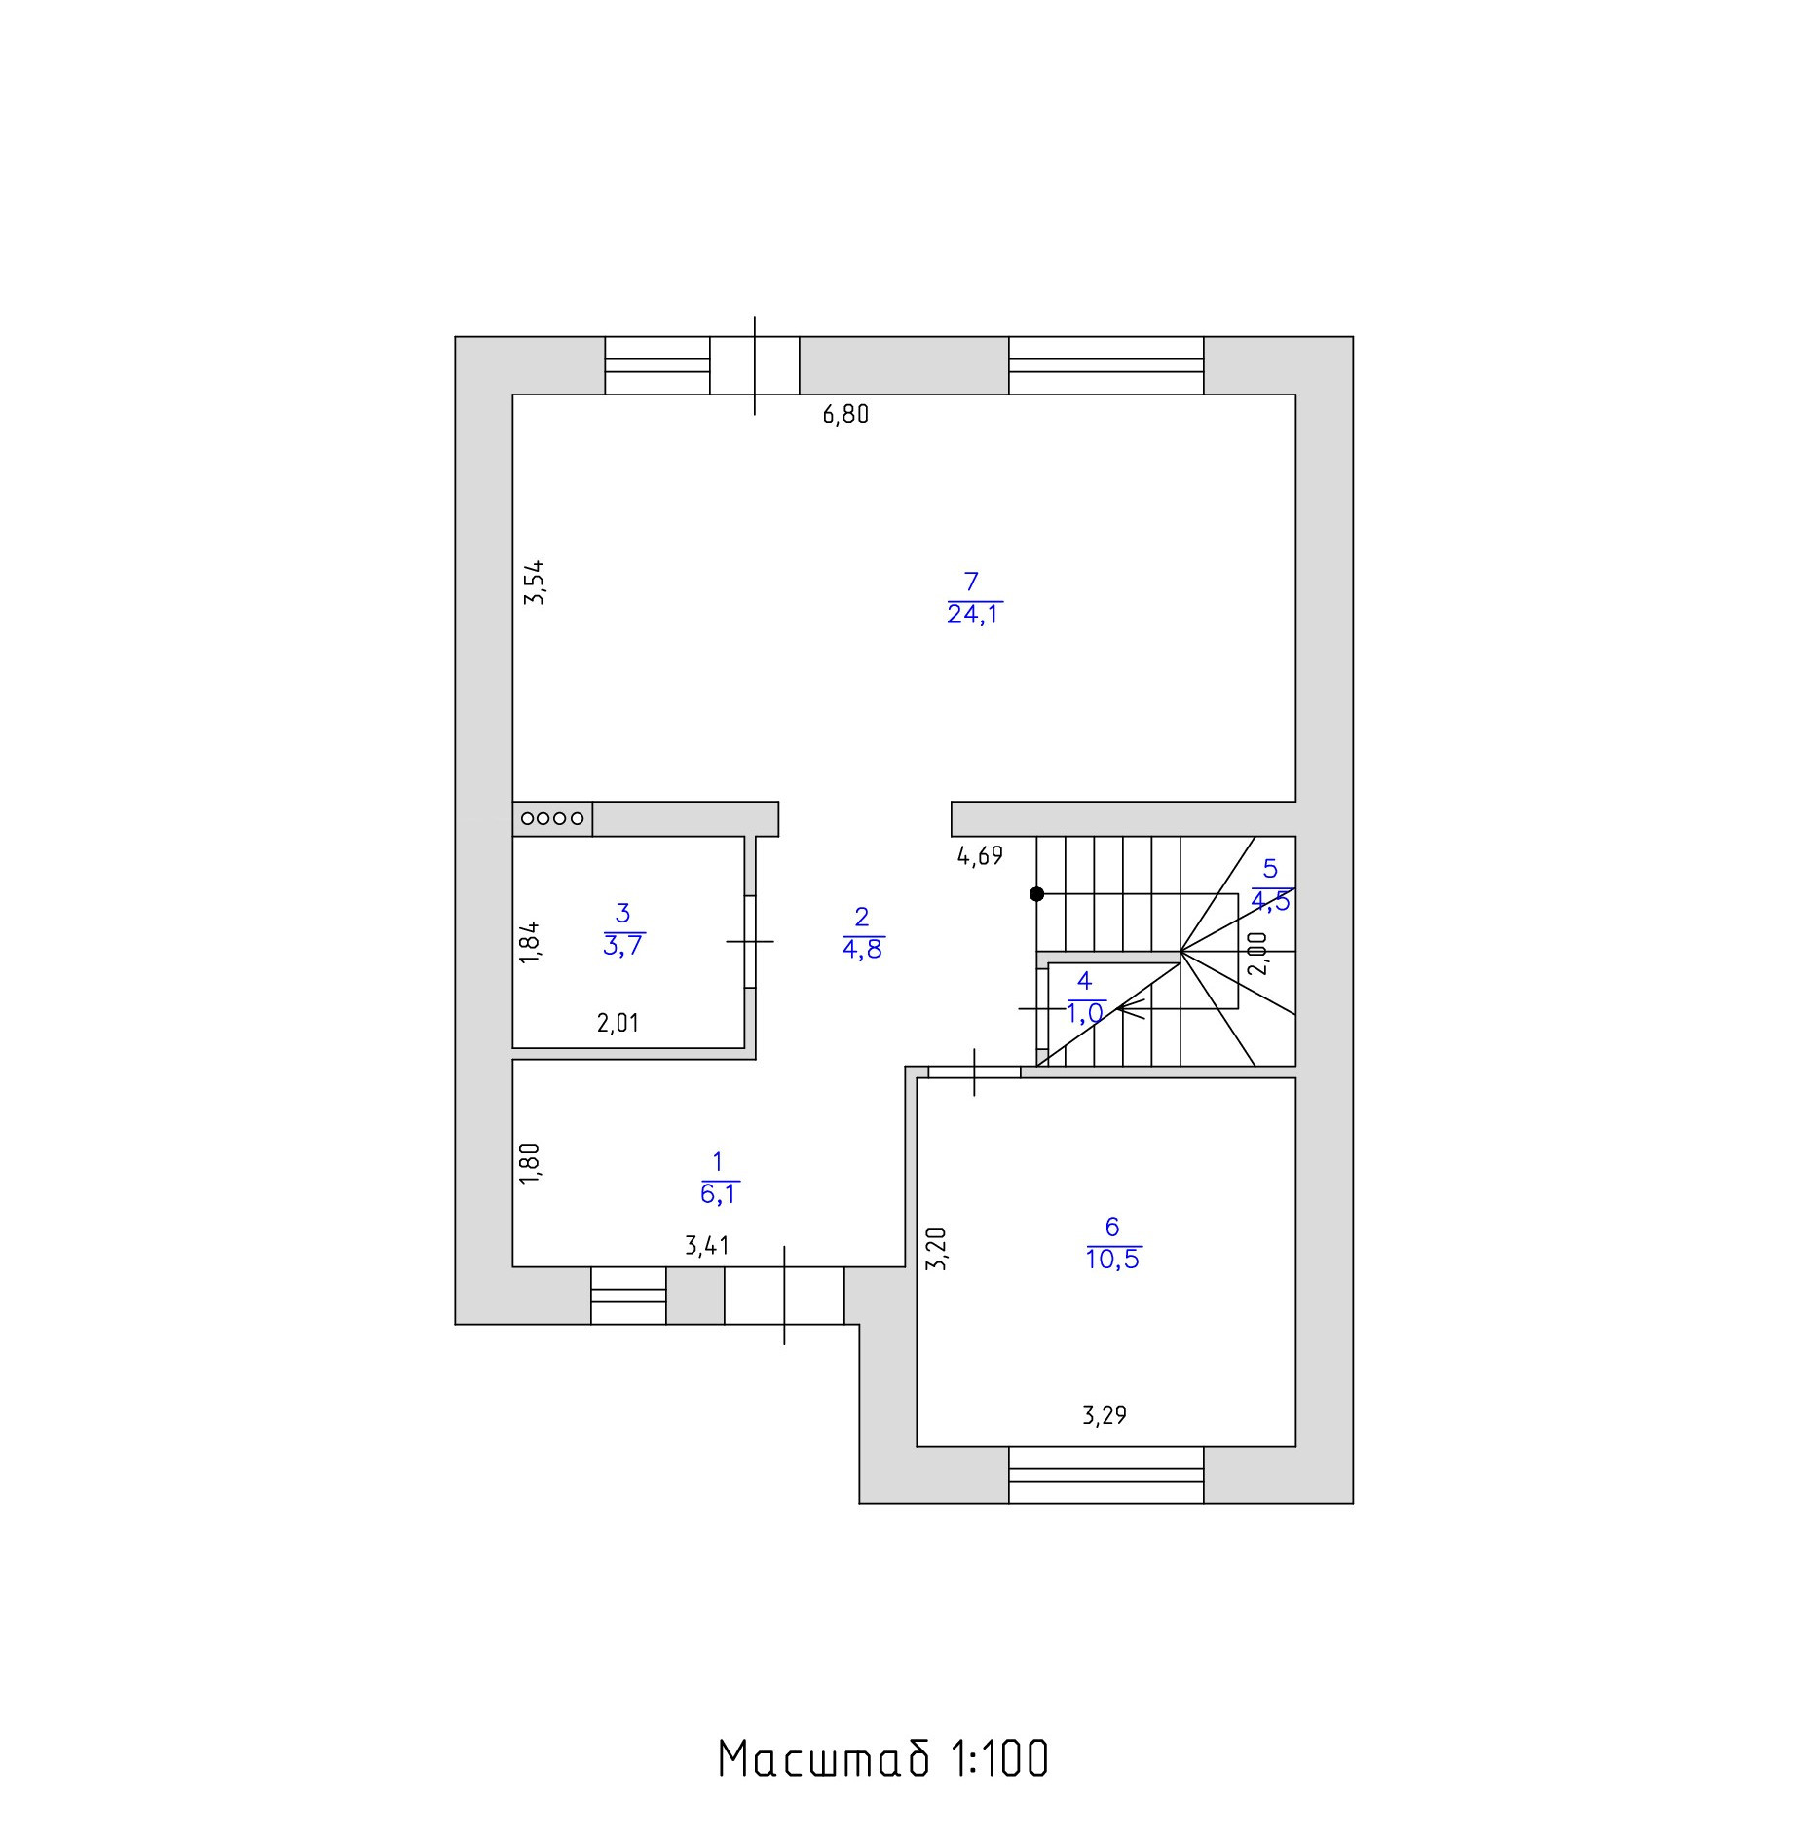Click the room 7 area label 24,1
pyautogui.click(x=974, y=615)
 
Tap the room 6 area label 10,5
pyautogui.click(x=1112, y=1260)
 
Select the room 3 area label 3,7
pyautogui.click(x=623, y=945)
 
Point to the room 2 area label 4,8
pyautogui.click(x=862, y=949)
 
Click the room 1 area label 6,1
pyautogui.click(x=719, y=1194)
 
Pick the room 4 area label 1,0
pyautogui.click(x=1085, y=1013)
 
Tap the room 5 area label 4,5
pyautogui.click(x=1270, y=901)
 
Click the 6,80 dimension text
pyautogui.click(x=845, y=415)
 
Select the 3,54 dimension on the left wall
pyautogui.click(x=534, y=583)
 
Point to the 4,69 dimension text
pyautogui.click(x=980, y=857)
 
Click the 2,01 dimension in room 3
pyautogui.click(x=618, y=1023)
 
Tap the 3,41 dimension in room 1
pyautogui.click(x=707, y=1246)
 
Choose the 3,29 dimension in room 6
pyautogui.click(x=1105, y=1415)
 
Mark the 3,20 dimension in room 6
pyautogui.click(x=937, y=1249)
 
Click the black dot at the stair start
pyautogui.click(x=1037, y=893)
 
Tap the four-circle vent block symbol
pyautogui.click(x=552, y=819)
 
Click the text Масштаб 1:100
pyautogui.click(x=883, y=1759)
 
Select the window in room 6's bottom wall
pyautogui.click(x=1105, y=1474)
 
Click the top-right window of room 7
pyautogui.click(x=1105, y=365)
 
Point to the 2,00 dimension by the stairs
pyautogui.click(x=1258, y=954)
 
